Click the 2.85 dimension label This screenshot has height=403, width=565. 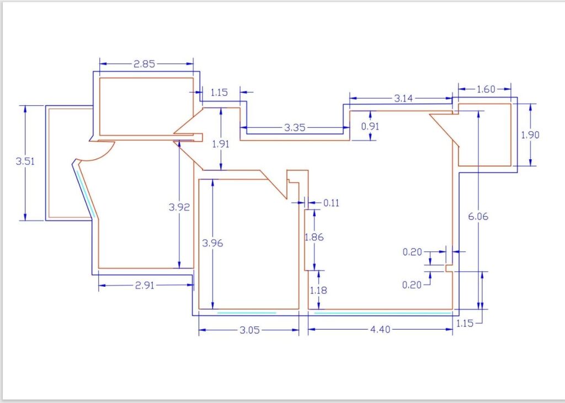pos(144,64)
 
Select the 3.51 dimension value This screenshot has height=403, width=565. pos(25,161)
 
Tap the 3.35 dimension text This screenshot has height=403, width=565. pos(295,127)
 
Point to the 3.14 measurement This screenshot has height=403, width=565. pos(403,98)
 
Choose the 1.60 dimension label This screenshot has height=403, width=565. pos(486,89)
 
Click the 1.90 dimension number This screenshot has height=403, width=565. pos(530,135)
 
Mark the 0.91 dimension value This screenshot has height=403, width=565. pos(370,126)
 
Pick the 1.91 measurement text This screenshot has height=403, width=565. pos(221,144)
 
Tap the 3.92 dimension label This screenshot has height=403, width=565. pos(179,207)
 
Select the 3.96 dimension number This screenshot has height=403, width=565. pos(212,243)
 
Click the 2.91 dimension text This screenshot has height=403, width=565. pos(145,286)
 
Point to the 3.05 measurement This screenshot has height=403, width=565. pos(250,330)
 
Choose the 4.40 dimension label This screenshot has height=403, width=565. pos(380,330)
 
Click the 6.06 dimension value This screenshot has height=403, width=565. pos(478,217)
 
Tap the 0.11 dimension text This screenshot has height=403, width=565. pos(331,203)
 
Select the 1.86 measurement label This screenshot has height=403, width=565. pos(314,237)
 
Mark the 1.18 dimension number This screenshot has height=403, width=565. pos(318,291)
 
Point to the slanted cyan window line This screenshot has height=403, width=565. pos(86,194)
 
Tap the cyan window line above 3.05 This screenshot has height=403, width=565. pos(247,313)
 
